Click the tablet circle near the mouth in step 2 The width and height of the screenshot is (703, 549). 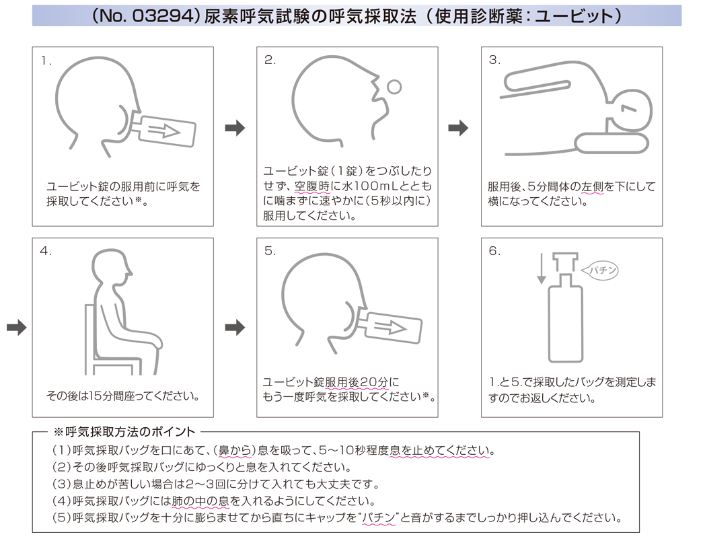[x=394, y=87]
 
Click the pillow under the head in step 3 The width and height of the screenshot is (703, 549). [x=612, y=143]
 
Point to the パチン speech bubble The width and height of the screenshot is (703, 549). [x=600, y=270]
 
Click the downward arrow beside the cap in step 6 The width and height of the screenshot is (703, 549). [x=542, y=268]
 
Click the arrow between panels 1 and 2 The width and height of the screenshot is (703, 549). [x=235, y=128]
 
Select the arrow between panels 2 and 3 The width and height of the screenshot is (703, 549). [x=458, y=128]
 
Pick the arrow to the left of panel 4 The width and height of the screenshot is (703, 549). [x=17, y=327]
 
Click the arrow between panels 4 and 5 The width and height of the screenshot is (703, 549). [x=235, y=328]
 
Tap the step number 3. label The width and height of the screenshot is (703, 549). [x=494, y=60]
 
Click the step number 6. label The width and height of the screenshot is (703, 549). [x=494, y=251]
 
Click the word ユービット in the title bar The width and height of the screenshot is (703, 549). [x=575, y=16]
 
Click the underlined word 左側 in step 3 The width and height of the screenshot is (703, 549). [x=592, y=186]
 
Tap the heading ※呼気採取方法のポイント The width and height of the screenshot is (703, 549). [x=124, y=431]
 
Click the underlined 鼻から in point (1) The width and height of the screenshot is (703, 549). [x=235, y=450]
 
